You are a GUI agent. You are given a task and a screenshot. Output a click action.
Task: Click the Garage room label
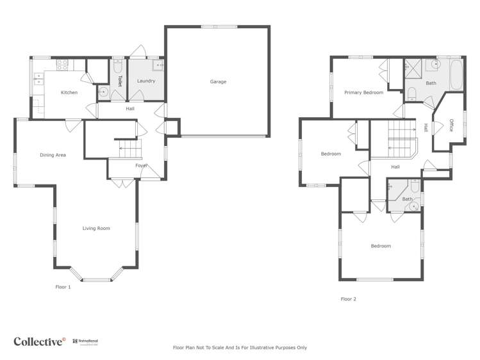pos(218,81)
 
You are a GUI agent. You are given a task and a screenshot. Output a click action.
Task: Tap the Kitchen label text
pos(69,93)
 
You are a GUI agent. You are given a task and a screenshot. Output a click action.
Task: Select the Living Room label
pos(96,228)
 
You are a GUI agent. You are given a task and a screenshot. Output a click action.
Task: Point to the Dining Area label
pos(53,155)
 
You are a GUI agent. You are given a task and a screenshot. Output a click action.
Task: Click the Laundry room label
pos(146,81)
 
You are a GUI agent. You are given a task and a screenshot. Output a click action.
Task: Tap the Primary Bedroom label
pos(363,93)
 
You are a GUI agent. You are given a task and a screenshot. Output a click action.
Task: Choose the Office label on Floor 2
pos(452,125)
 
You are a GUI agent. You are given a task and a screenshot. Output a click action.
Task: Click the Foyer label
pos(142,165)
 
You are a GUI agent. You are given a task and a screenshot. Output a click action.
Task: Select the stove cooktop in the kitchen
pos(63,64)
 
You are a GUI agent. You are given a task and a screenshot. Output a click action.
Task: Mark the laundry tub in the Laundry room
pos(158,65)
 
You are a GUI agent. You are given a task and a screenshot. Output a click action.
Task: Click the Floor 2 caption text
pos(348,299)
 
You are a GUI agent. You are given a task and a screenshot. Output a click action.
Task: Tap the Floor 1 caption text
pos(63,287)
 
